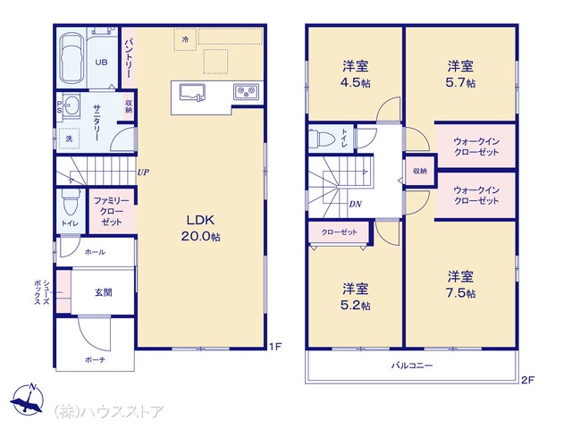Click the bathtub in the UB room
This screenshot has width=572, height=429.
coord(71,59)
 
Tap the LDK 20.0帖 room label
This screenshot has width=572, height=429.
coord(200,228)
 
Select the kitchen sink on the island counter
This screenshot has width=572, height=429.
coord(192,92)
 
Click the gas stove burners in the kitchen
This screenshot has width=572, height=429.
coord(247,91)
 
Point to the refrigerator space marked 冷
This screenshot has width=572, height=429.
coord(185,39)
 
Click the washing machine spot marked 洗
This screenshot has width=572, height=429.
coord(69,139)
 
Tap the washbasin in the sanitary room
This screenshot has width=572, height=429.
coord(71,106)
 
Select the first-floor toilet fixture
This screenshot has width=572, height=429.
coord(71,202)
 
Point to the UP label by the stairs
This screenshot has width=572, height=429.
coord(143,172)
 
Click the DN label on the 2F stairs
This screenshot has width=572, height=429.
coord(356,205)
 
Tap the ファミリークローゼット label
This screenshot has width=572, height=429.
coord(112,211)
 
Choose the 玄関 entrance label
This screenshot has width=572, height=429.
coord(104,292)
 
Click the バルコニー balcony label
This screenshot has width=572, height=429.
coord(412,366)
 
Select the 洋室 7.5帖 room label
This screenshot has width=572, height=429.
coord(461,284)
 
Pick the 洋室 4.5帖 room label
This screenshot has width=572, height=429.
coord(356,74)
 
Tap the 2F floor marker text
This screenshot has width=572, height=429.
coord(527,380)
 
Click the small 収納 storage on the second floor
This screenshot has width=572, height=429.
coord(420,171)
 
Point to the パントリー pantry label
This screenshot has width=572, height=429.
coord(129,58)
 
